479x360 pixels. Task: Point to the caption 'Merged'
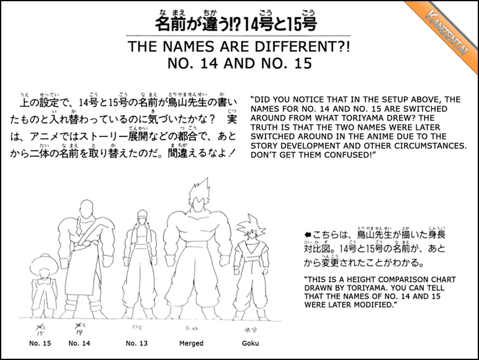[x=192, y=343]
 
